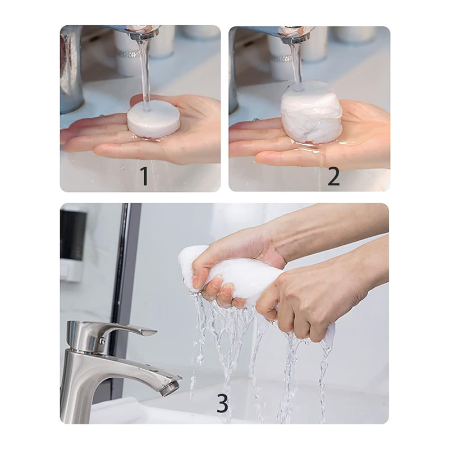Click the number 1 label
pos(145,176)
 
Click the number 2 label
pos(333,176)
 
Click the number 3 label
pos(222,403)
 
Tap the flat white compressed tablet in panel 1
pos(154,121)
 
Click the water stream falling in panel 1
pos(146,75)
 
